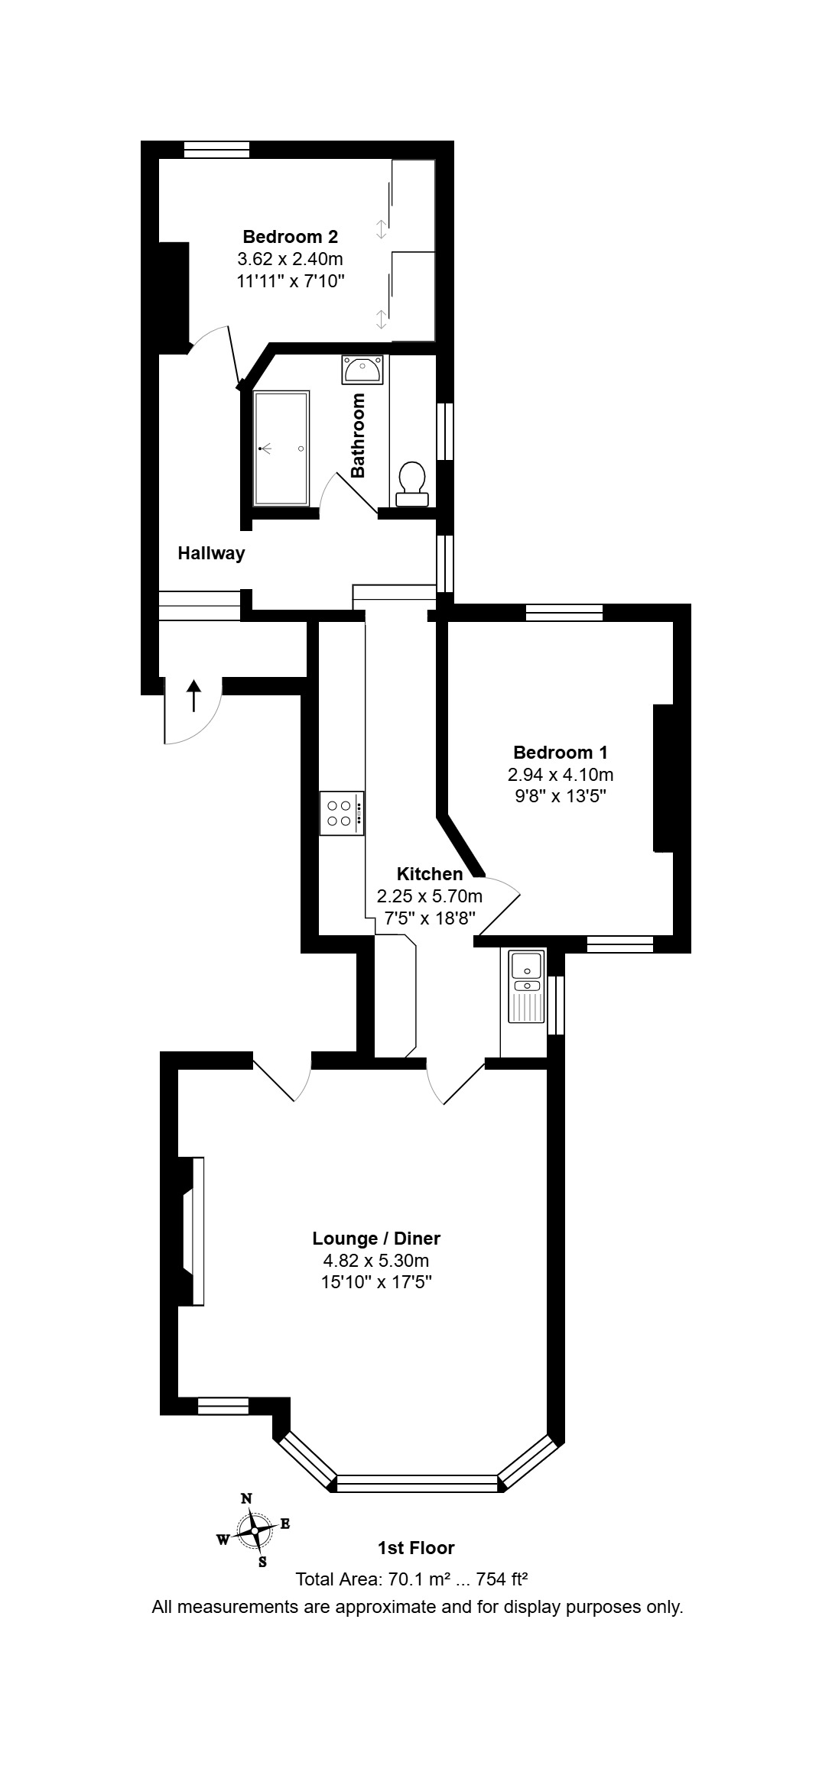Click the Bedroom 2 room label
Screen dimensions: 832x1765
pos(291,236)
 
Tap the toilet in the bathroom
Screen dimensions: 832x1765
pos(412,484)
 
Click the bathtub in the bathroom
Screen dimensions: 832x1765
pos(281,448)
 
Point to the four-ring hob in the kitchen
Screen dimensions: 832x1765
pos(342,813)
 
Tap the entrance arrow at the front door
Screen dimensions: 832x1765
pos(193,695)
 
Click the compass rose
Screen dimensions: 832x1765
pos(254,1530)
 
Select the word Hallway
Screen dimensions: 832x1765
pos(211,553)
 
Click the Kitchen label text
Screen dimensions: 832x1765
pos(430,874)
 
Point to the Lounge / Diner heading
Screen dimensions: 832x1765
pos(376,1239)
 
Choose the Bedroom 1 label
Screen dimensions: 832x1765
pos(561,753)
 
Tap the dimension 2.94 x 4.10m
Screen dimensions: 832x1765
pos(561,775)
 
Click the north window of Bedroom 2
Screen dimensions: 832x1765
pos(216,150)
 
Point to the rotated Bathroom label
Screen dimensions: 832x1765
pos(358,436)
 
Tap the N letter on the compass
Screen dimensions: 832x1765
pos(246,1498)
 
